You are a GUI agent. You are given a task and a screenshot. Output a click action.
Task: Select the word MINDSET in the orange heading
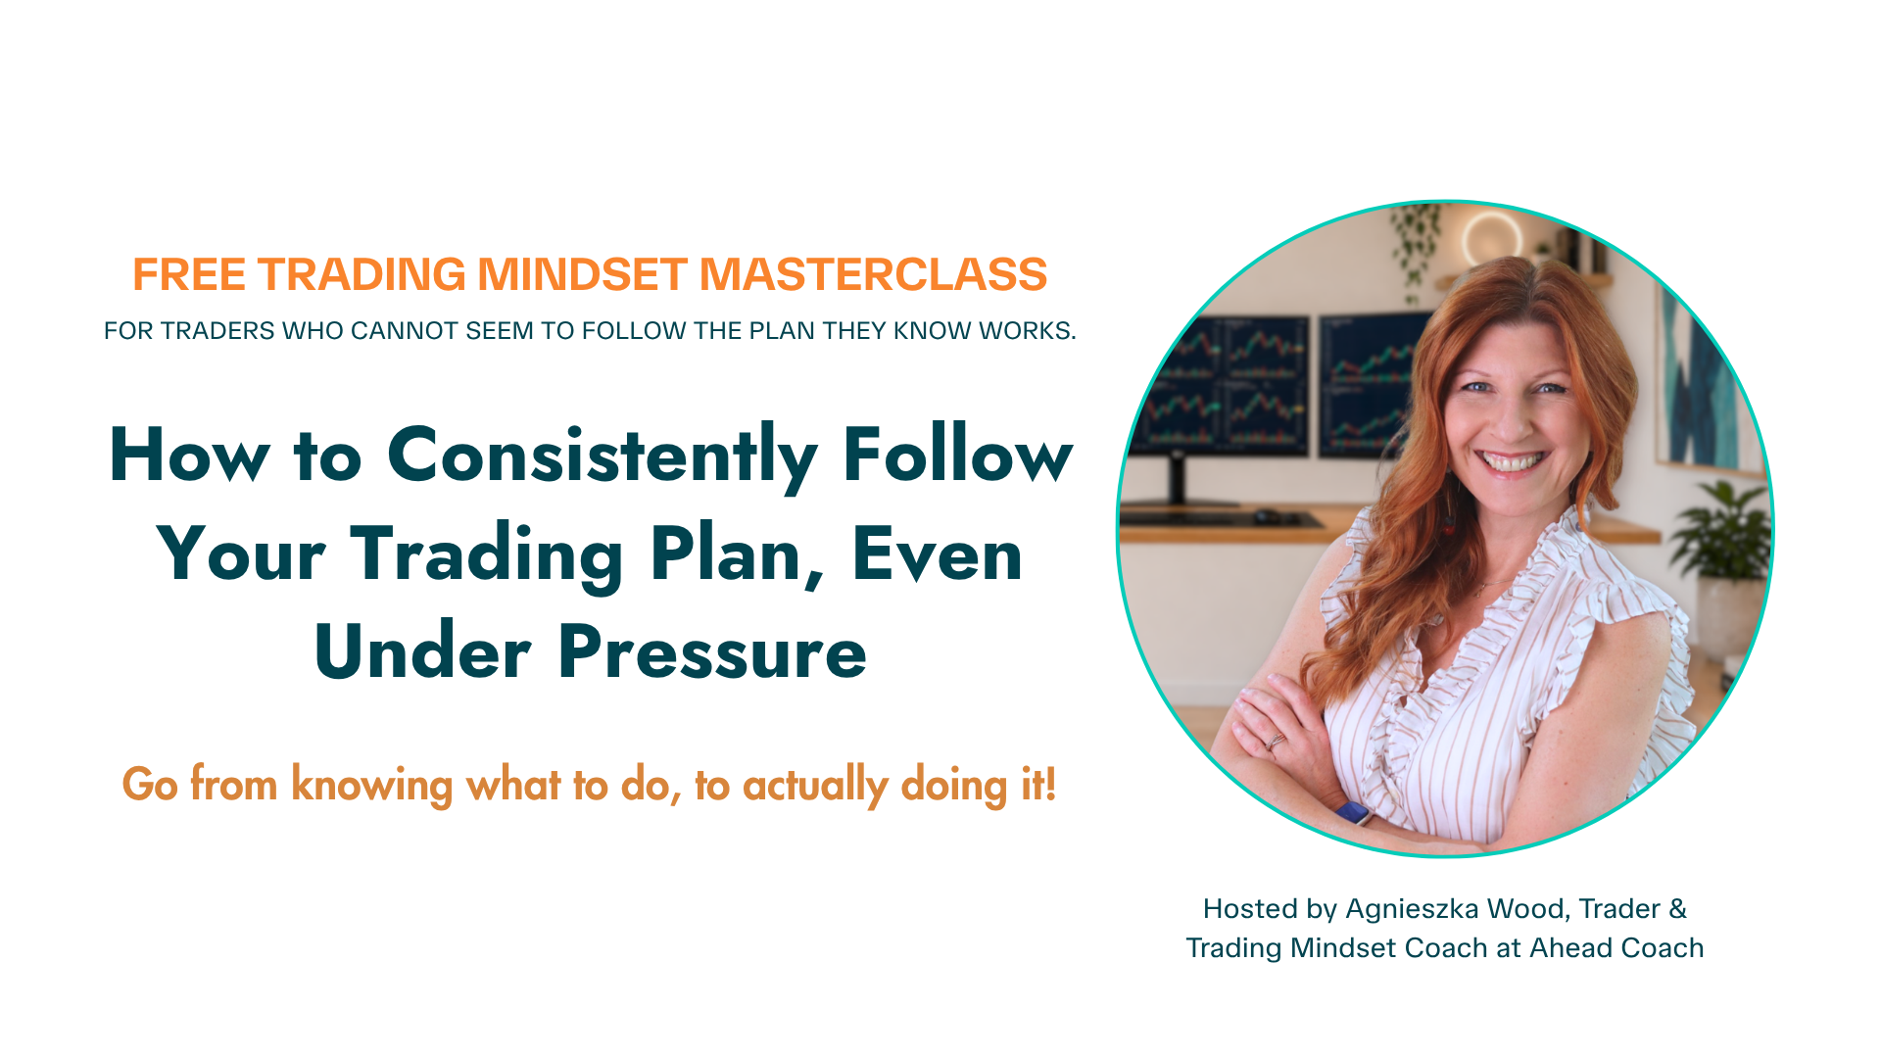[x=583, y=274]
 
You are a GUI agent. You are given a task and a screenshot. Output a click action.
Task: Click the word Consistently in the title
[x=603, y=457]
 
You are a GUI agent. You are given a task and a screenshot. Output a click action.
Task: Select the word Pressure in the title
[x=712, y=652]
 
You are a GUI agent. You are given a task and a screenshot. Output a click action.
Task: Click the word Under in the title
[x=422, y=652]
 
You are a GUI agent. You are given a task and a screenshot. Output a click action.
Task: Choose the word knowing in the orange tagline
[x=371, y=786]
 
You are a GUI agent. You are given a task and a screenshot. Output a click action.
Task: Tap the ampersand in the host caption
[x=1678, y=909]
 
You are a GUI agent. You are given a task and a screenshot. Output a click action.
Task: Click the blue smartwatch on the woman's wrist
[x=1354, y=812]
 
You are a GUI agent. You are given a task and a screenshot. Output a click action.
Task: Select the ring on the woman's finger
[x=1276, y=741]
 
